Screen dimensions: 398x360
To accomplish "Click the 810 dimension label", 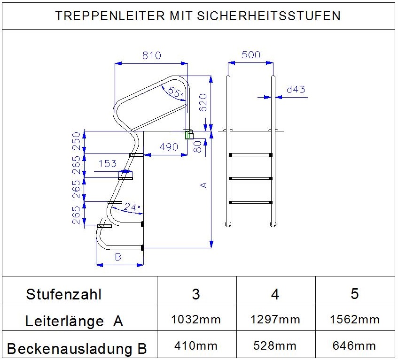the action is [x=151, y=55].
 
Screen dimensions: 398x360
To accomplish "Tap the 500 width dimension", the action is [x=251, y=55].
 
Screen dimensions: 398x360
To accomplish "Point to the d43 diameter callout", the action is [x=296, y=89].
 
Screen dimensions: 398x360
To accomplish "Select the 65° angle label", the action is [x=176, y=92].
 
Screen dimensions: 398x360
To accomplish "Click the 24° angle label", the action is [x=132, y=207].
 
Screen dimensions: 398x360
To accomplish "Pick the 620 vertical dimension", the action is [x=203, y=102].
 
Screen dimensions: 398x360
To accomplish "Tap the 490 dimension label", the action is [x=169, y=147].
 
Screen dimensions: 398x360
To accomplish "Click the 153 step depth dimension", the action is [x=107, y=163].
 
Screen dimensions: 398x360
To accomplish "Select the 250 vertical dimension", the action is [x=76, y=141].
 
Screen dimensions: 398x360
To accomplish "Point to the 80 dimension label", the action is [x=197, y=147].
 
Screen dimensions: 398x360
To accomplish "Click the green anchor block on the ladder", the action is [x=187, y=135].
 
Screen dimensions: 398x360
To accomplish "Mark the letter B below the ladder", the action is [x=118, y=257].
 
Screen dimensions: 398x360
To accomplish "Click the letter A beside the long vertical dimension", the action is [x=203, y=185].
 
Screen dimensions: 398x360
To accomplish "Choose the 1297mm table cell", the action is [x=275, y=320].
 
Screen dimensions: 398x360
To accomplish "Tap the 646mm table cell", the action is [x=354, y=345].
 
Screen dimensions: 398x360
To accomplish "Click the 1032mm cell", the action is [x=196, y=320].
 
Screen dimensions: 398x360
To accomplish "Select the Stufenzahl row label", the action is [x=63, y=294].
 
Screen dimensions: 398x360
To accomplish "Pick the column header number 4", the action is [x=275, y=294].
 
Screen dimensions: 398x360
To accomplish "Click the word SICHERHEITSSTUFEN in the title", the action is [x=269, y=15].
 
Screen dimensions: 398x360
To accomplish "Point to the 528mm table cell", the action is [x=275, y=345].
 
